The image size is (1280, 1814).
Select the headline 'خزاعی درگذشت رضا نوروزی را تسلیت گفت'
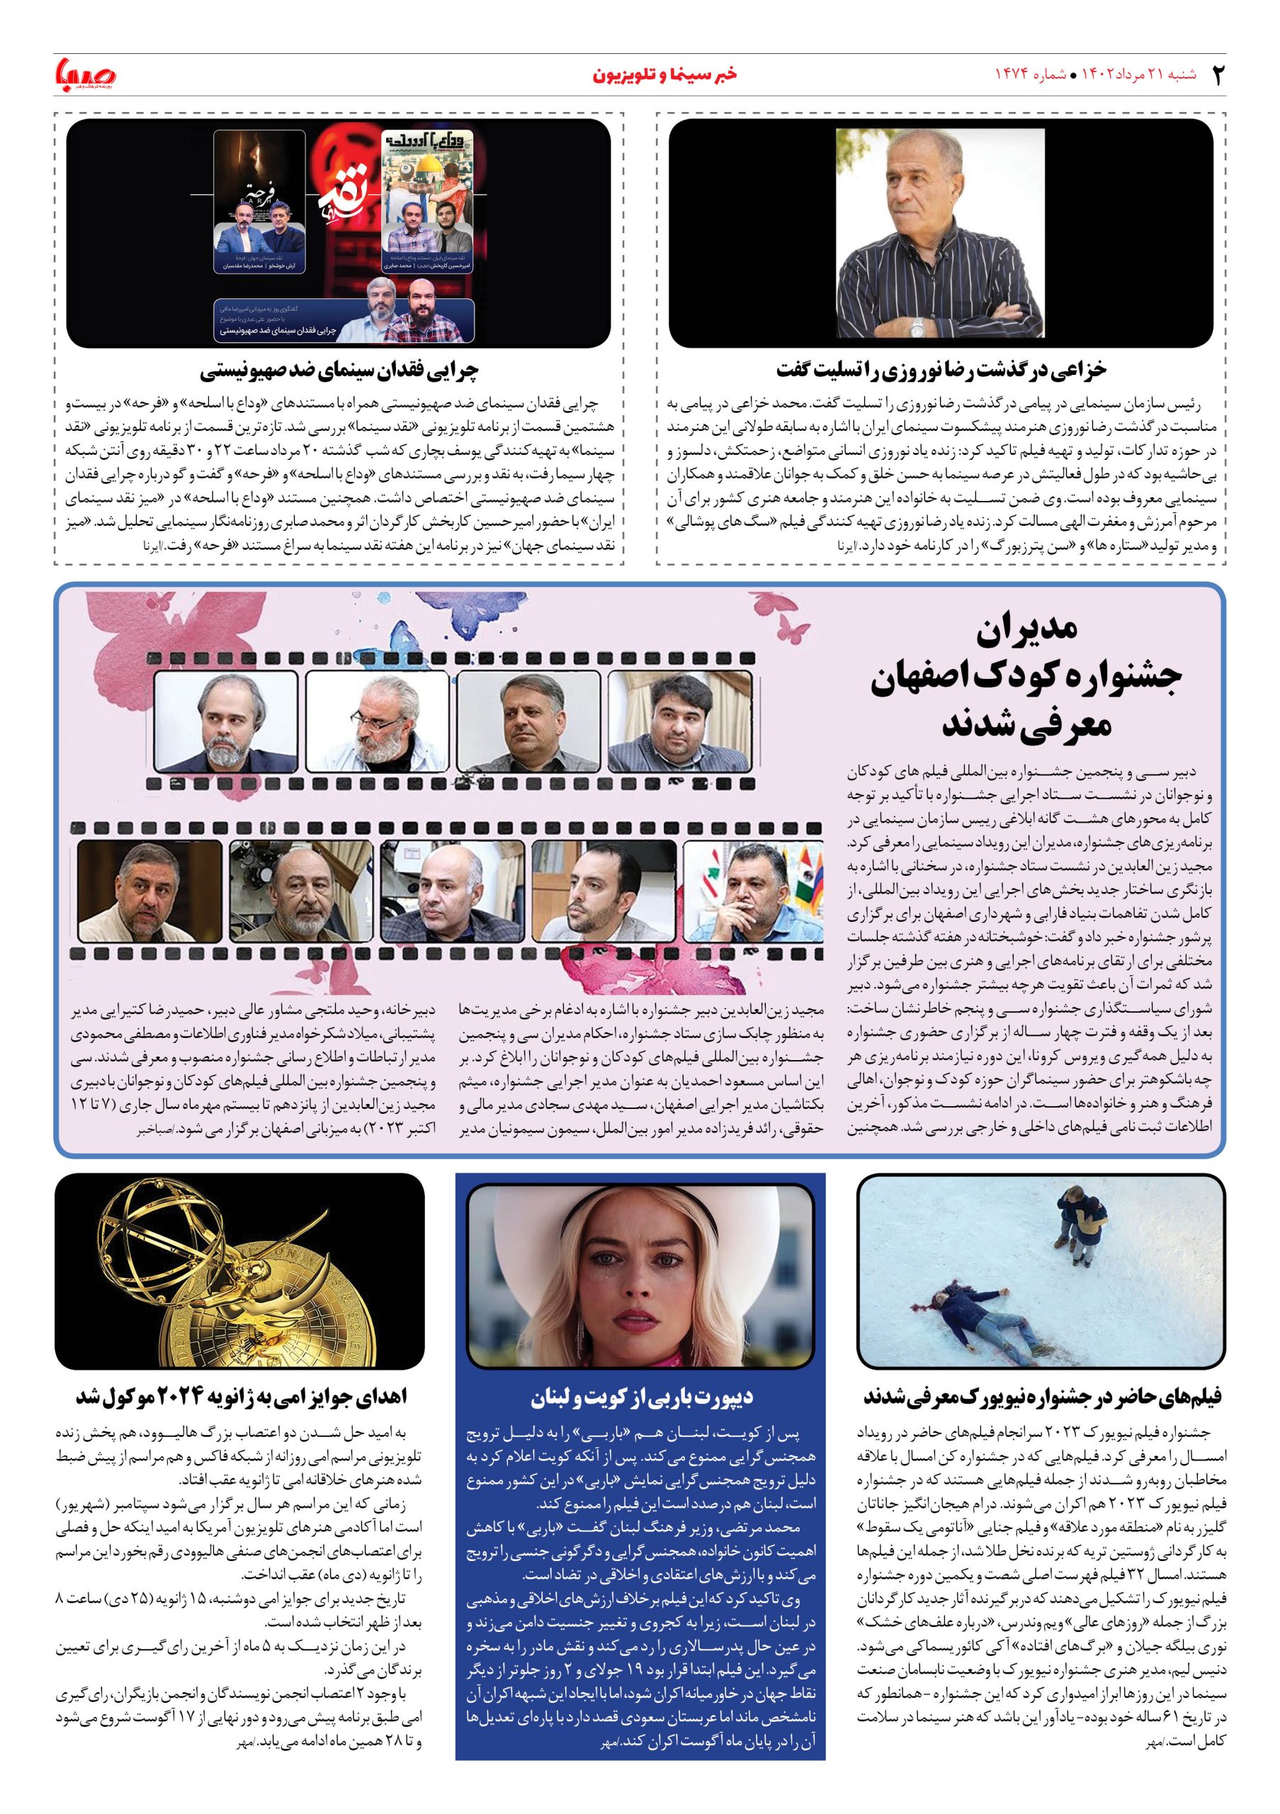click(941, 369)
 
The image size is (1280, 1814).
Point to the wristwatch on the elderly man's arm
click(917, 325)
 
